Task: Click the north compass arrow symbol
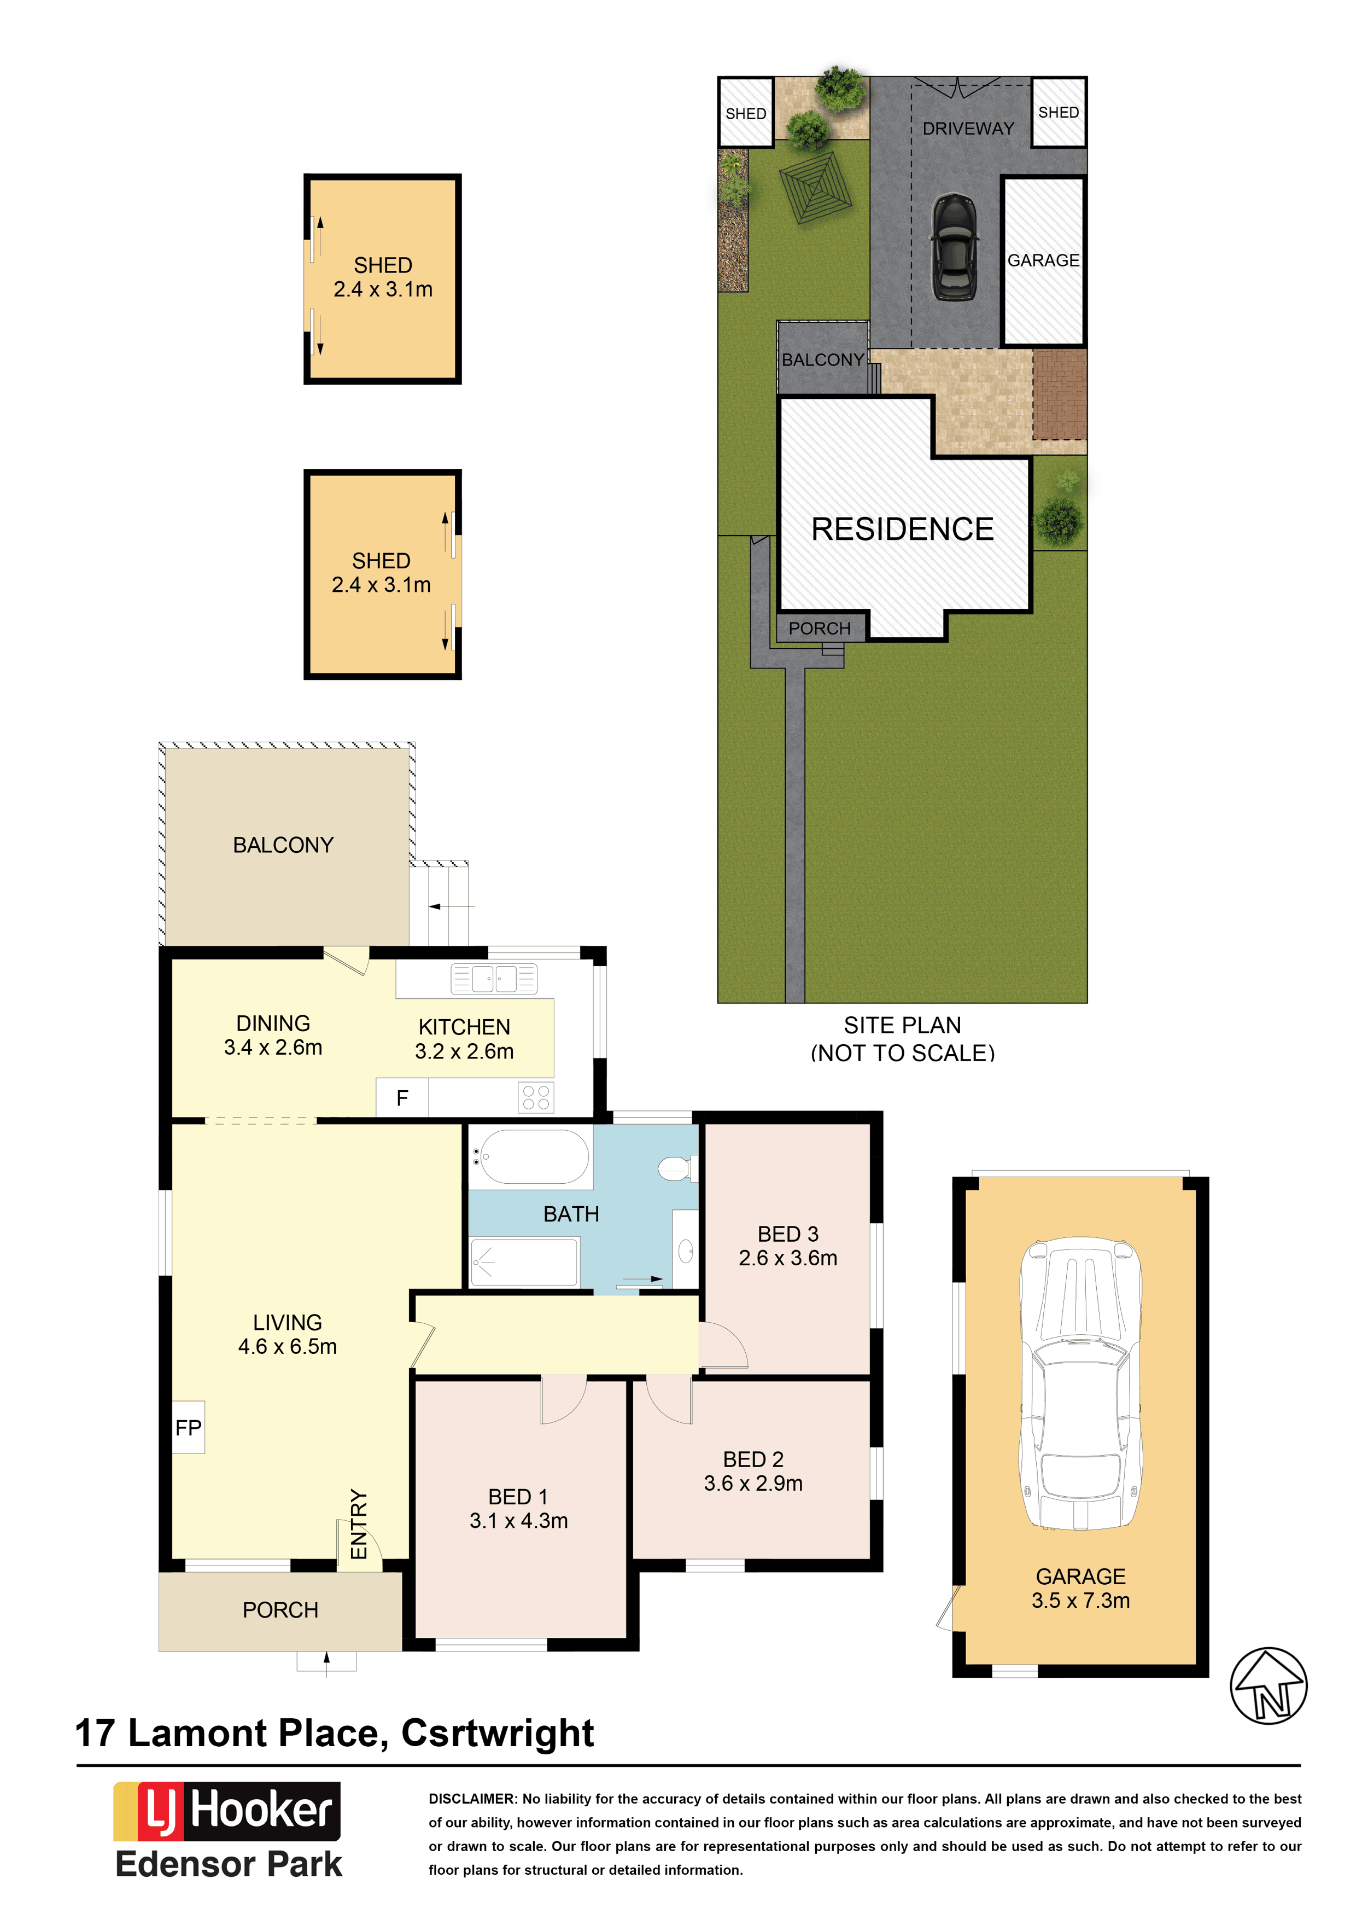[1268, 1685]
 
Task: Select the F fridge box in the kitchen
[402, 1098]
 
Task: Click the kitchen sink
[494, 979]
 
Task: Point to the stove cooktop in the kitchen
[536, 1097]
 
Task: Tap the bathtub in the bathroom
[531, 1157]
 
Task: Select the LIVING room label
[287, 1322]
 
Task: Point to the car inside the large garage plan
[1081, 1383]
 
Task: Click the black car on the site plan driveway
[955, 246]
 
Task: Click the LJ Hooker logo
[226, 1811]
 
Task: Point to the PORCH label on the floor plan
[280, 1610]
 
